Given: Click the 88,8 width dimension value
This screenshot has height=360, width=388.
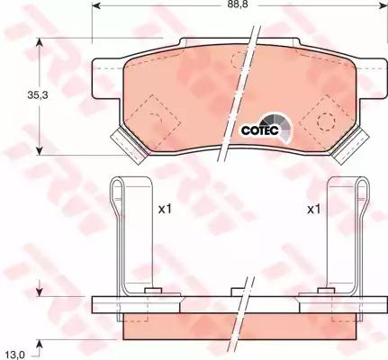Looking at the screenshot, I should click(238, 8).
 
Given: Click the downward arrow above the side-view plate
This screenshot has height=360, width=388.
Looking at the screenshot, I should click(40, 290).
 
